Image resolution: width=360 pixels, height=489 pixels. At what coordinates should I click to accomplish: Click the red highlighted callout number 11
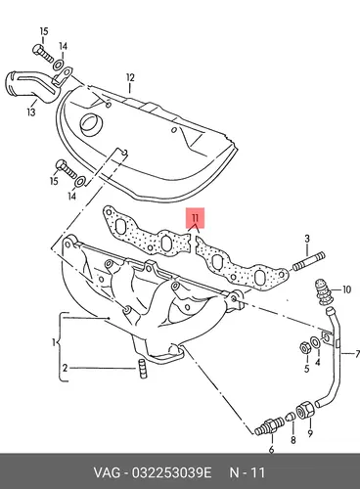196,217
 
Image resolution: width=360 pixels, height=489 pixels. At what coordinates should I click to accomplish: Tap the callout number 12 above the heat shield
130,78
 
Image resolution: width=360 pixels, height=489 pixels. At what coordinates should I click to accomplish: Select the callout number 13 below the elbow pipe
31,112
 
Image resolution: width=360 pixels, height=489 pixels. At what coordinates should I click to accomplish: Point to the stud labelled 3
309,261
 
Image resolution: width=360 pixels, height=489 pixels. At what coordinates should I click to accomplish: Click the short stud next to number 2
143,369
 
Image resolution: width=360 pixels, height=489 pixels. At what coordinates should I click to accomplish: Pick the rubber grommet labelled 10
323,291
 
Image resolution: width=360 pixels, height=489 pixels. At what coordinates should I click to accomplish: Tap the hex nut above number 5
305,348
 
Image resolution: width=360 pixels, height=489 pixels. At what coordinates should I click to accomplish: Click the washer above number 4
316,342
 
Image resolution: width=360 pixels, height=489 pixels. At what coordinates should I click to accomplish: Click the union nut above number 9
305,409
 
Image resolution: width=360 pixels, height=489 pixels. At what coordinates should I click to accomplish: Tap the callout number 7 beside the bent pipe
357,354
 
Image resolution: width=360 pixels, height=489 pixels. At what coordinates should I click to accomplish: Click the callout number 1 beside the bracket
54,342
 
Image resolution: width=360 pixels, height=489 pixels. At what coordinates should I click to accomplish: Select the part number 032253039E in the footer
171,472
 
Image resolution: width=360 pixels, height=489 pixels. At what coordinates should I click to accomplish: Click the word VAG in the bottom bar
107,472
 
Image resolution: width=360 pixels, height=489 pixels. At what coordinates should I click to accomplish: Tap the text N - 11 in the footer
247,472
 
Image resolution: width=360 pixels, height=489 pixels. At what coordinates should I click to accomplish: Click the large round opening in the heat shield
92,125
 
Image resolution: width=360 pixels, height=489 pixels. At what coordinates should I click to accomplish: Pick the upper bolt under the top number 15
43,54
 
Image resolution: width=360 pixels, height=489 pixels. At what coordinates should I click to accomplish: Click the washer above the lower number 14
80,182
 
